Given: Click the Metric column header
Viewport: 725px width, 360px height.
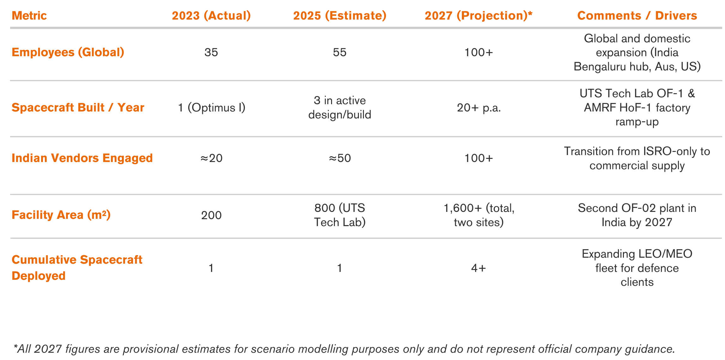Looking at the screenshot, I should (29, 15).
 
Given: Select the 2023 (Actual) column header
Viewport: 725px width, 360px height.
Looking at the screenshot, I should (211, 15).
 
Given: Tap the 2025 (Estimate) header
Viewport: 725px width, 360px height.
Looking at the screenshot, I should (340, 15).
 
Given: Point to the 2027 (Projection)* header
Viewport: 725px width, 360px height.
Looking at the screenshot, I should (478, 15).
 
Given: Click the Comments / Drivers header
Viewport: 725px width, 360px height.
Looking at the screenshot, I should (637, 15).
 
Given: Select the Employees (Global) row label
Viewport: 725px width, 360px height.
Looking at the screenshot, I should (68, 52).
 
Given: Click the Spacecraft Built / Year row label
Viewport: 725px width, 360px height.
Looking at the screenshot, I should (78, 108).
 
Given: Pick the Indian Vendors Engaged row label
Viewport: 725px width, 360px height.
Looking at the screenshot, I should (82, 158).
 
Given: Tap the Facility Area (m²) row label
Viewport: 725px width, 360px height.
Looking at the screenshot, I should (61, 215).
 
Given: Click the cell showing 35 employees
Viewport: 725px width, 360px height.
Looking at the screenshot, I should (211, 52).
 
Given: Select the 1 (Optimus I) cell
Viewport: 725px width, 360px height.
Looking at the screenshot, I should (212, 108).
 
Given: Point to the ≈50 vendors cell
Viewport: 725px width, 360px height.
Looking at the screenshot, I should (340, 158).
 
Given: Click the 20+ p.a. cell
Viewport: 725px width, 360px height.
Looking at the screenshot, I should (479, 108).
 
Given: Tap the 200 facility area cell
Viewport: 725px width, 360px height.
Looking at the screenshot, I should (211, 215).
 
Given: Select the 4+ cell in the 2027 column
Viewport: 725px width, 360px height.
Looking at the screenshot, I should (478, 268).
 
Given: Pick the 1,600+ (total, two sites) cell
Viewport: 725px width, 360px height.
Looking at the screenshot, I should (479, 215).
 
